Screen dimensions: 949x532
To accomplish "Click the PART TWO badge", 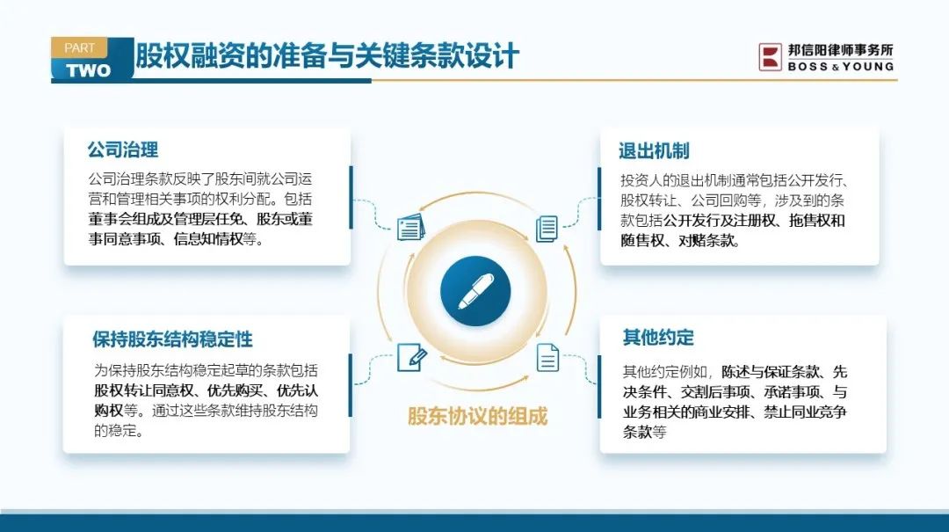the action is pos(91,60).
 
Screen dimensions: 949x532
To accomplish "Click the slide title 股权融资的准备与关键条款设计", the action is pos(327,56).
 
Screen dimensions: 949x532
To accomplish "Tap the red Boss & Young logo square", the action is pos(771,57).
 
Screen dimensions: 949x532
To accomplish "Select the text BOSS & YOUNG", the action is pos(841,67).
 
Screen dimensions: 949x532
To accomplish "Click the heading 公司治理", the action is pos(123,149).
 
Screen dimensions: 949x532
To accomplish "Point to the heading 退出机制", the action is pos(654,151).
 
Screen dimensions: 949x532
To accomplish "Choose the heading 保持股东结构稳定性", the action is pos(172,339).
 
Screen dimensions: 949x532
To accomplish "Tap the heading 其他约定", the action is pos(658,338).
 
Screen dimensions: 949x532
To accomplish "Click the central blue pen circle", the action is pos(475,291).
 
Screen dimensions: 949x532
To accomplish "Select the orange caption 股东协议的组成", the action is pos(477,417).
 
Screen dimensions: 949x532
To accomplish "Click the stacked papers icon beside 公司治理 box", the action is pos(411,227).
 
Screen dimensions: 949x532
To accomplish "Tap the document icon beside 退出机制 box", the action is pos(547,229).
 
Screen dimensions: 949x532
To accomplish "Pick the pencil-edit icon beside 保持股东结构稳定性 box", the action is pos(411,358).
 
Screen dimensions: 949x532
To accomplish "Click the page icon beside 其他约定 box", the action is pos(547,358).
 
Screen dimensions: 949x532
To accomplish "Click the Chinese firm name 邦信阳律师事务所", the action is pos(841,50).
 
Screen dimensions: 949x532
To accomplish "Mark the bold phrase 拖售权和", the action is pos(817,221).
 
